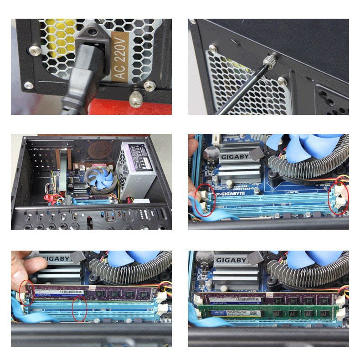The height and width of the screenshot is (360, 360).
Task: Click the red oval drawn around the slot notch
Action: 80,309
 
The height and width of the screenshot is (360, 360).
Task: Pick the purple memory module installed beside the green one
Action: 269,298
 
